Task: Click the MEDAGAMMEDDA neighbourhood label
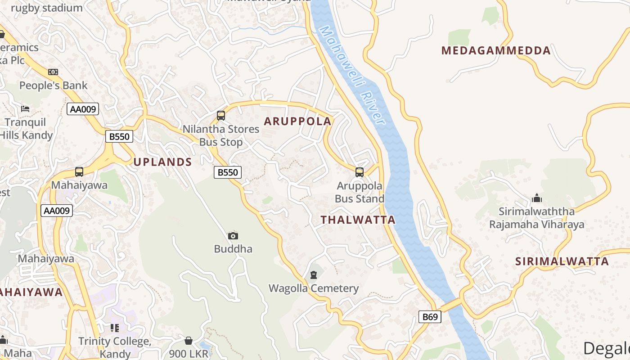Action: pyautogui.click(x=496, y=50)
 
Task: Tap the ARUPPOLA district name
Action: pyautogui.click(x=297, y=121)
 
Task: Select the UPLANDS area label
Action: pyautogui.click(x=162, y=162)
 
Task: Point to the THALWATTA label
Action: pyautogui.click(x=358, y=220)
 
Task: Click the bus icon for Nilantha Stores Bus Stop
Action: pyautogui.click(x=221, y=116)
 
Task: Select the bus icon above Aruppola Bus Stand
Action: pyautogui.click(x=359, y=172)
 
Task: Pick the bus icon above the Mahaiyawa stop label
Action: pyautogui.click(x=79, y=172)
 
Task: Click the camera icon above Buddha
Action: pyautogui.click(x=233, y=236)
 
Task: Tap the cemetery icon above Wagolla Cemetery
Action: pyautogui.click(x=313, y=275)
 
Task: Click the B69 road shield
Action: pyautogui.click(x=430, y=317)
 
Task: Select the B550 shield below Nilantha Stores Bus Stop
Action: pyautogui.click(x=228, y=172)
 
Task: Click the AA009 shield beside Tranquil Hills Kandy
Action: pyautogui.click(x=83, y=109)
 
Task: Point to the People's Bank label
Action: pyautogui.click(x=53, y=85)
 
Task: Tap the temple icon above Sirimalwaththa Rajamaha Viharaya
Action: pyautogui.click(x=536, y=198)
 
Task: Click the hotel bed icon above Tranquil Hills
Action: pyautogui.click(x=26, y=109)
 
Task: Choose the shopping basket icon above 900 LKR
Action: pyautogui.click(x=189, y=341)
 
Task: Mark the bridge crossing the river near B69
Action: pyautogui.click(x=451, y=305)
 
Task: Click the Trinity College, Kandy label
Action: pyautogui.click(x=115, y=347)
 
